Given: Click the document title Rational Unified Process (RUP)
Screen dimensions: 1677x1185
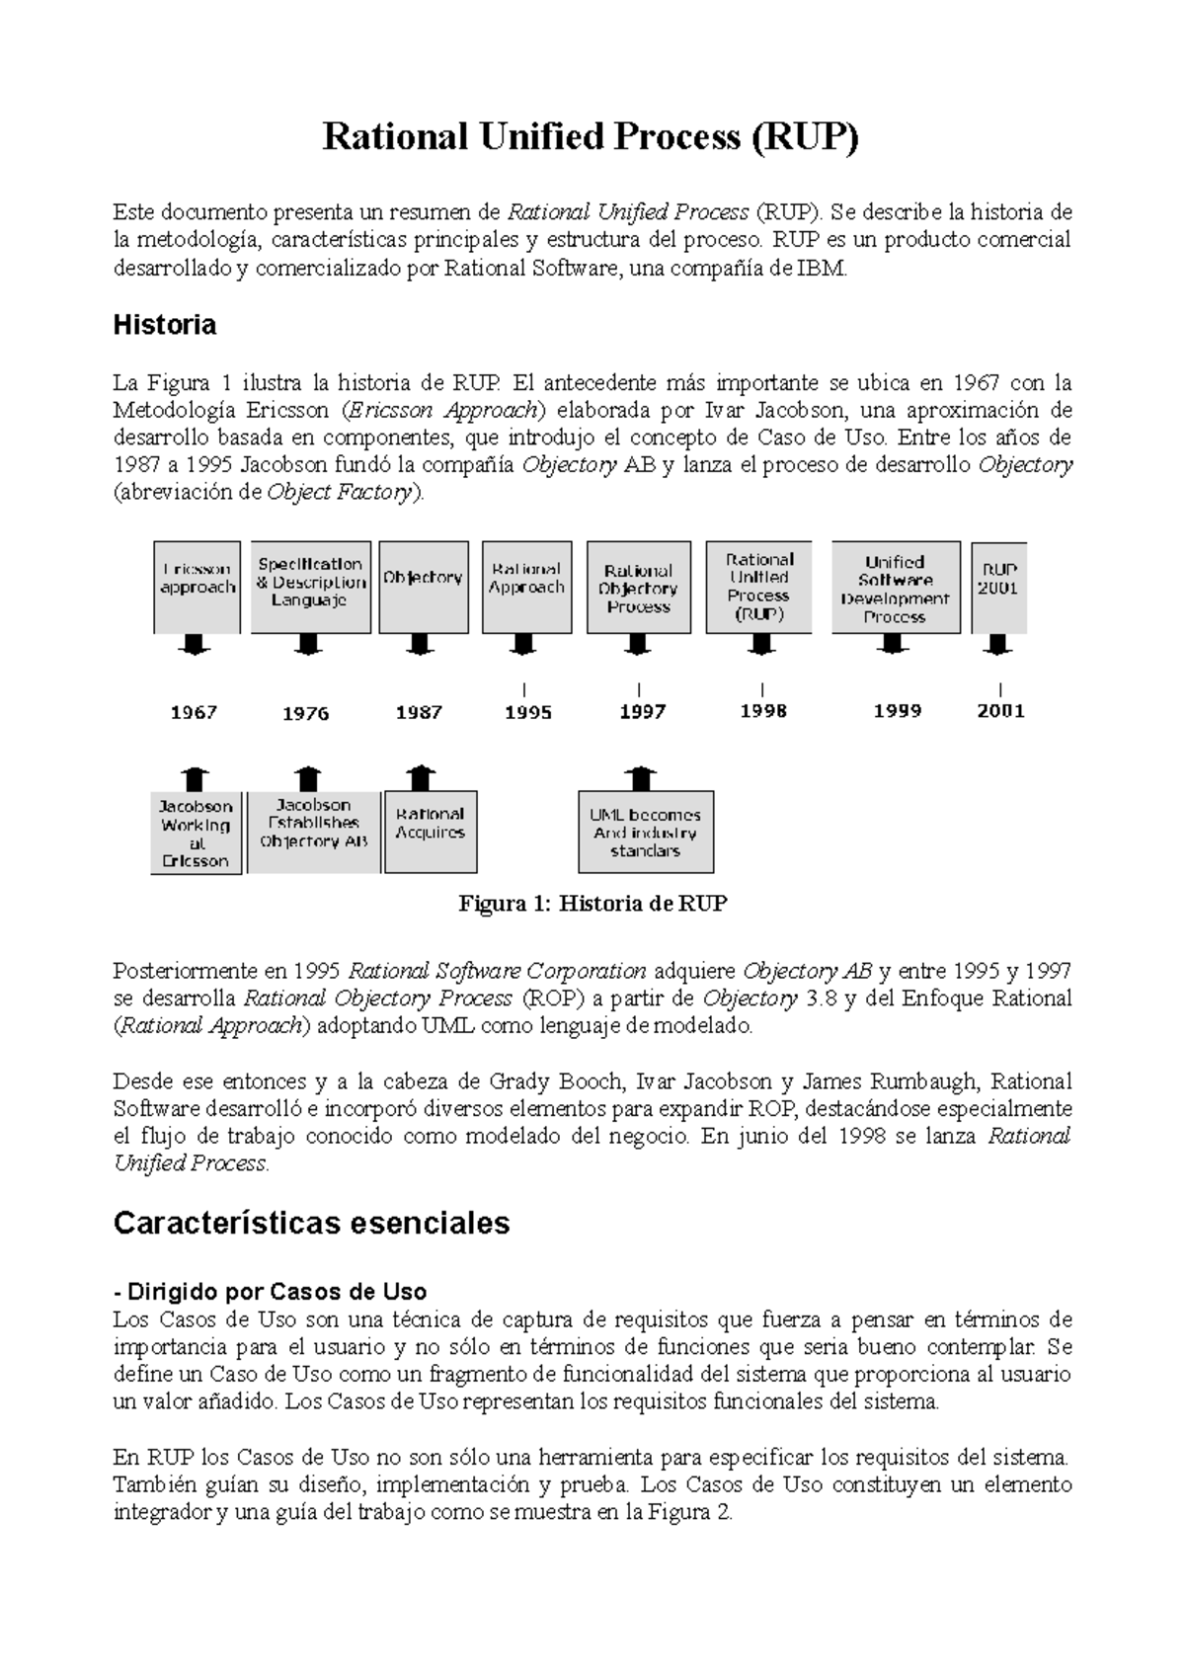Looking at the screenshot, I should pyautogui.click(x=591, y=137).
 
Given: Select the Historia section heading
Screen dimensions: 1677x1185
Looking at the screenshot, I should pyautogui.click(x=165, y=325).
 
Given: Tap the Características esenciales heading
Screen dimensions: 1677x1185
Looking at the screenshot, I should pyautogui.click(x=311, y=1223).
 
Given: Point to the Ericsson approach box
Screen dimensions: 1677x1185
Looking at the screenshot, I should pyautogui.click(x=197, y=587).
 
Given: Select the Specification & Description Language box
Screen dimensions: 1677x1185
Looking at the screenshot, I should pyautogui.click(x=310, y=586).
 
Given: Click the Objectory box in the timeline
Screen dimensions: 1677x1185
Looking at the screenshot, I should pyautogui.click(x=423, y=586).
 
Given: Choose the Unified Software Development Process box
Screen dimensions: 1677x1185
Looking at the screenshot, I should pyautogui.click(x=895, y=587).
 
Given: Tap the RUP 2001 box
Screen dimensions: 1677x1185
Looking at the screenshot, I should pyautogui.click(x=998, y=587).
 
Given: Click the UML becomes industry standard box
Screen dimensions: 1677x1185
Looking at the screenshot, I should pyautogui.click(x=646, y=832).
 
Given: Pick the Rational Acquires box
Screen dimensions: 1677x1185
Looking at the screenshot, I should pyautogui.click(x=430, y=832).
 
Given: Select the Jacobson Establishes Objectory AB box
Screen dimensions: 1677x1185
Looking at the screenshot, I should pyautogui.click(x=313, y=832).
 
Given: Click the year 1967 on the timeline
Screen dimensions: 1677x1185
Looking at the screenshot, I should pyautogui.click(x=194, y=712).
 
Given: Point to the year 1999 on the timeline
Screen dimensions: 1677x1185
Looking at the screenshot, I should pyautogui.click(x=897, y=711).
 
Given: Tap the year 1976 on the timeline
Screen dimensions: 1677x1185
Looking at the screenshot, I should pyautogui.click(x=305, y=713).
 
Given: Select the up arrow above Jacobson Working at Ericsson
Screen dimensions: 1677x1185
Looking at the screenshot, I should pyautogui.click(x=197, y=777).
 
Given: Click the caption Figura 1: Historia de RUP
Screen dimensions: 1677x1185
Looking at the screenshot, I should pyautogui.click(x=592, y=904).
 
